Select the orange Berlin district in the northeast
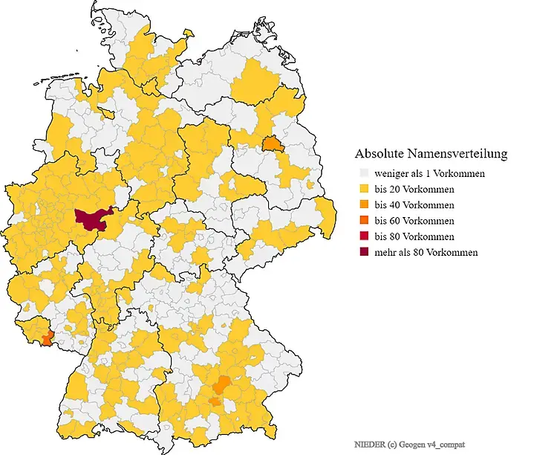point(273,143)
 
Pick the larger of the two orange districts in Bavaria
point(221,385)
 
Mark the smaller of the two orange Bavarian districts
point(215,401)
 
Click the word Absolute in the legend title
point(380,154)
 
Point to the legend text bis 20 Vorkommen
point(414,189)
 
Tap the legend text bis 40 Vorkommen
point(414,204)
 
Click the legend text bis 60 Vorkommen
point(414,221)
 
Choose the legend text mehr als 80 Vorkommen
point(426,252)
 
